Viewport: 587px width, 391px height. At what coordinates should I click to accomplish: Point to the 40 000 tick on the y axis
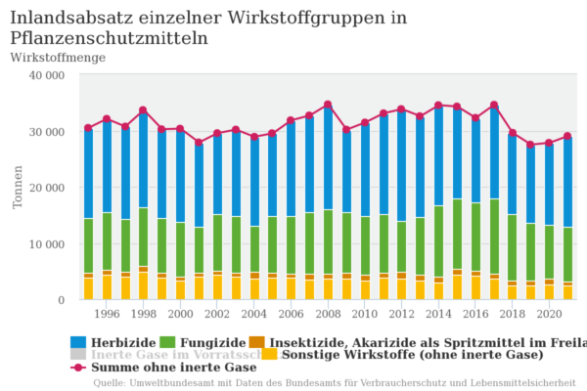coord(44,74)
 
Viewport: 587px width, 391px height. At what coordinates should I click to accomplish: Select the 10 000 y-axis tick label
coord(44,243)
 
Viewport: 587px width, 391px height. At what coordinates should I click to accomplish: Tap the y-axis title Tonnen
coord(18,187)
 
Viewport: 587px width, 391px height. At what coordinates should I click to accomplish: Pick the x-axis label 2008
coord(327,314)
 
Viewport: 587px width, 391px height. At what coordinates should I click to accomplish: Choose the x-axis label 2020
coord(548,314)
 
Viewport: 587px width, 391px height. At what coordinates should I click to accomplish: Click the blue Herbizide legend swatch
coord(79,342)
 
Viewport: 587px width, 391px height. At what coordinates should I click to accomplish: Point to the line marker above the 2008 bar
coord(328,105)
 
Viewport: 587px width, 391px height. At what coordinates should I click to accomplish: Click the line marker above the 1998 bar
coord(143,110)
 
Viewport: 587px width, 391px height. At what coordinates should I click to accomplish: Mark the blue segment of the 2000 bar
coord(180,176)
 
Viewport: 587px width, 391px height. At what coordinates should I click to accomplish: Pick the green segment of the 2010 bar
coord(365,245)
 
